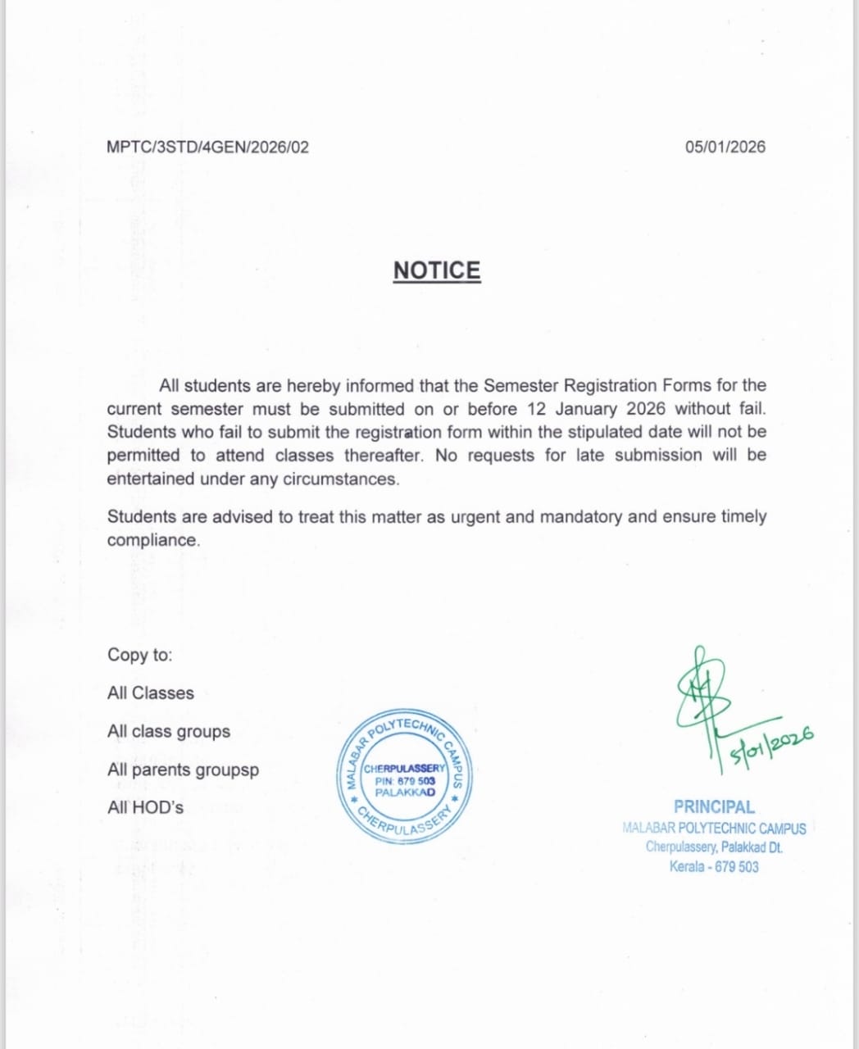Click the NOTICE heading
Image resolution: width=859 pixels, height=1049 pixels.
click(x=437, y=270)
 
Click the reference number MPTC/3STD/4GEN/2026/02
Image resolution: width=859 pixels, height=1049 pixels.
click(x=208, y=148)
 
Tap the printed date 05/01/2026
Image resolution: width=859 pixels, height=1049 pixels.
click(x=725, y=148)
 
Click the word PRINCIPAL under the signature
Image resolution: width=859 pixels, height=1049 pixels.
click(x=714, y=807)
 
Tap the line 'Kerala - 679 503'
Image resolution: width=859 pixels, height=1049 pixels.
click(x=714, y=866)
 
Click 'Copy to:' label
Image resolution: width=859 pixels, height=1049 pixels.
click(x=140, y=655)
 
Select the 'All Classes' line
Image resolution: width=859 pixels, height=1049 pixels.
click(x=151, y=693)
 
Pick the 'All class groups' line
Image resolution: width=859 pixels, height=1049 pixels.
click(x=169, y=731)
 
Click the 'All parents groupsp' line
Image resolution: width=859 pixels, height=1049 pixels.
click(x=183, y=770)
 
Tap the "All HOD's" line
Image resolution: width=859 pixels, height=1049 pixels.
click(x=146, y=807)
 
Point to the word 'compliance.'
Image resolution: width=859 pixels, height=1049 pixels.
click(x=153, y=541)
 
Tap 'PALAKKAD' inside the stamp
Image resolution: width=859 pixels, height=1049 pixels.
click(x=405, y=792)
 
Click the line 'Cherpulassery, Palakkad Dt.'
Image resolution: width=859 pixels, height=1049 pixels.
click(x=714, y=847)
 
